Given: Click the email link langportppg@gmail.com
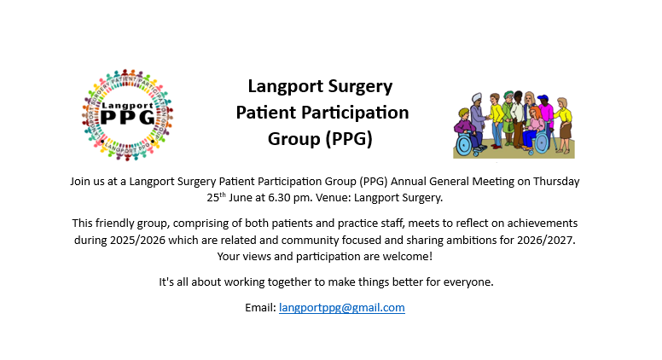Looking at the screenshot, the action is [x=341, y=308].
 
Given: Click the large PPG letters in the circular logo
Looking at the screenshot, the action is [x=128, y=118].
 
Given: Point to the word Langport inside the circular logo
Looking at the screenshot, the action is [x=127, y=106].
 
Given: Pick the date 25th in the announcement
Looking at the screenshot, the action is [x=216, y=197].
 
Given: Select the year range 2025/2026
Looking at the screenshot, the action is [x=137, y=240].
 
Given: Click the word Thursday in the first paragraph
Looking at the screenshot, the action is [x=556, y=182].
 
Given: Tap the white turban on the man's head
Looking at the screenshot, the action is [x=477, y=96].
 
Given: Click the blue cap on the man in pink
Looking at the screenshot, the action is [x=543, y=98].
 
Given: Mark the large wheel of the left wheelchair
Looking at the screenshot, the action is [x=464, y=145].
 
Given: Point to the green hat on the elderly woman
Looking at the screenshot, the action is [x=508, y=93].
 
